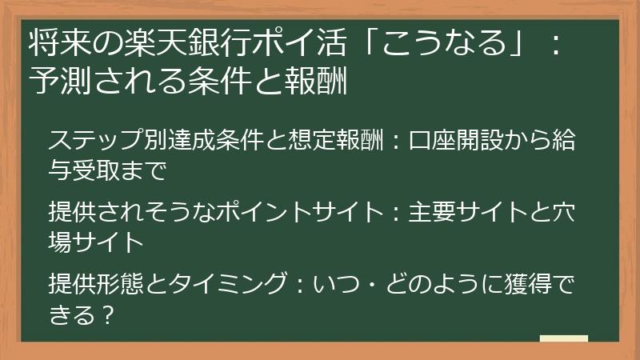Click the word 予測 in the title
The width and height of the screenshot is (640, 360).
point(54,81)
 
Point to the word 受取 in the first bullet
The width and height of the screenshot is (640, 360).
point(98,170)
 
